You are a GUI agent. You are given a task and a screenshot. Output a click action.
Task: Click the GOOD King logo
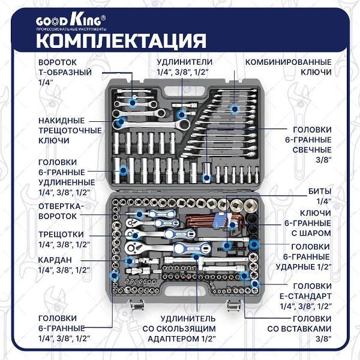click(71, 22)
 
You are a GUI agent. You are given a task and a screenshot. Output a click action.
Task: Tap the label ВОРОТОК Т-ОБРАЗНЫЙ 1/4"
click(64, 73)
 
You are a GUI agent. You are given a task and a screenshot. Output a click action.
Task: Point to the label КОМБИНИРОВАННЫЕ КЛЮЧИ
click(288, 67)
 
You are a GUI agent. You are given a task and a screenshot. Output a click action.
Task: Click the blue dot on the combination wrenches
click(234, 109)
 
